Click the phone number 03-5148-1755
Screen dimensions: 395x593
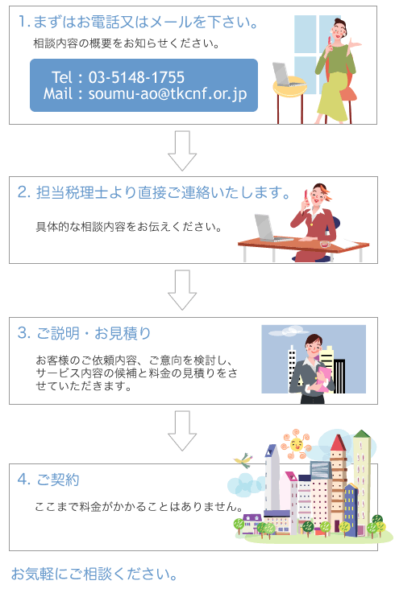point(136,77)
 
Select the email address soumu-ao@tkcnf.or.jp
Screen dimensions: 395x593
point(168,93)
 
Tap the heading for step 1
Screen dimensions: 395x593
point(139,22)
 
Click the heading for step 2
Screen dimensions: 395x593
point(154,192)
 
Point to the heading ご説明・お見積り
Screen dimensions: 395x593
point(84,333)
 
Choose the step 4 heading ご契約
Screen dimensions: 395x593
point(48,480)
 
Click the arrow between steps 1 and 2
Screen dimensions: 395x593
point(182,150)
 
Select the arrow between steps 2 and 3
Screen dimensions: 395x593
point(182,290)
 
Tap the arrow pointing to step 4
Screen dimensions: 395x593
point(182,430)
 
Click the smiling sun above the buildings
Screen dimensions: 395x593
point(296,443)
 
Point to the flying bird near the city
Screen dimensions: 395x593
point(243,460)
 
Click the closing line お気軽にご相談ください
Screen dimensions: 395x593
point(94,574)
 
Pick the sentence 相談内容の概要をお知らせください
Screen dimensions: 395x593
point(127,43)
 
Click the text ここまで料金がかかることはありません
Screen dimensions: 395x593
point(139,506)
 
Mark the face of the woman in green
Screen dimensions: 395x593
point(338,30)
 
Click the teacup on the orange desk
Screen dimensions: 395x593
point(325,244)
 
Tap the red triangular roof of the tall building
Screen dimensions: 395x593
point(338,443)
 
